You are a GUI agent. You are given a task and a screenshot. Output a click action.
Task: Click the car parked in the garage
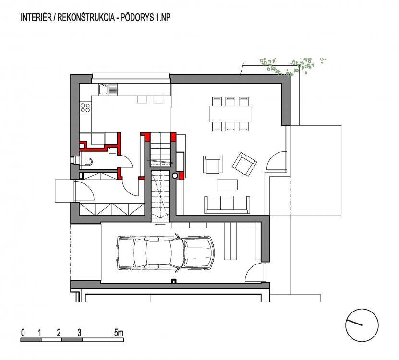point(165,252)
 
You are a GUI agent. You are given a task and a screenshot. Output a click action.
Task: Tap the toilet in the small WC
point(86,162)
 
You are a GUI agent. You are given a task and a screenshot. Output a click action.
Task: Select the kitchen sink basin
point(103,89)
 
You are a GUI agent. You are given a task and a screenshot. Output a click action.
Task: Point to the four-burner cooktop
point(85,108)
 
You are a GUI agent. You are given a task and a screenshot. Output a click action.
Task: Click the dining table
point(230,114)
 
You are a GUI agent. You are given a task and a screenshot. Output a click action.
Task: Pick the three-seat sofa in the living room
point(227,204)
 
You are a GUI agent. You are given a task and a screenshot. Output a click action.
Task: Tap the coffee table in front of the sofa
point(227,184)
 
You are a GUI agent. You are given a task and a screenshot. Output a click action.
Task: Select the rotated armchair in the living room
point(244,164)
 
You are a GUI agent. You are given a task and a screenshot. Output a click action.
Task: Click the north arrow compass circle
point(362,325)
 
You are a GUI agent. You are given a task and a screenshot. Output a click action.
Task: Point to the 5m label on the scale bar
point(119,332)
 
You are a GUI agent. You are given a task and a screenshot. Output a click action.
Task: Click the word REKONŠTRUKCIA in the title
point(86,17)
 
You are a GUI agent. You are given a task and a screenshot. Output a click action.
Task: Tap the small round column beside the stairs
point(175,175)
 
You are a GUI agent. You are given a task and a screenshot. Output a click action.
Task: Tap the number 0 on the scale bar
point(23,333)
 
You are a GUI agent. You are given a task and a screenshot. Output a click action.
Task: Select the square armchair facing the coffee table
point(213,165)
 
